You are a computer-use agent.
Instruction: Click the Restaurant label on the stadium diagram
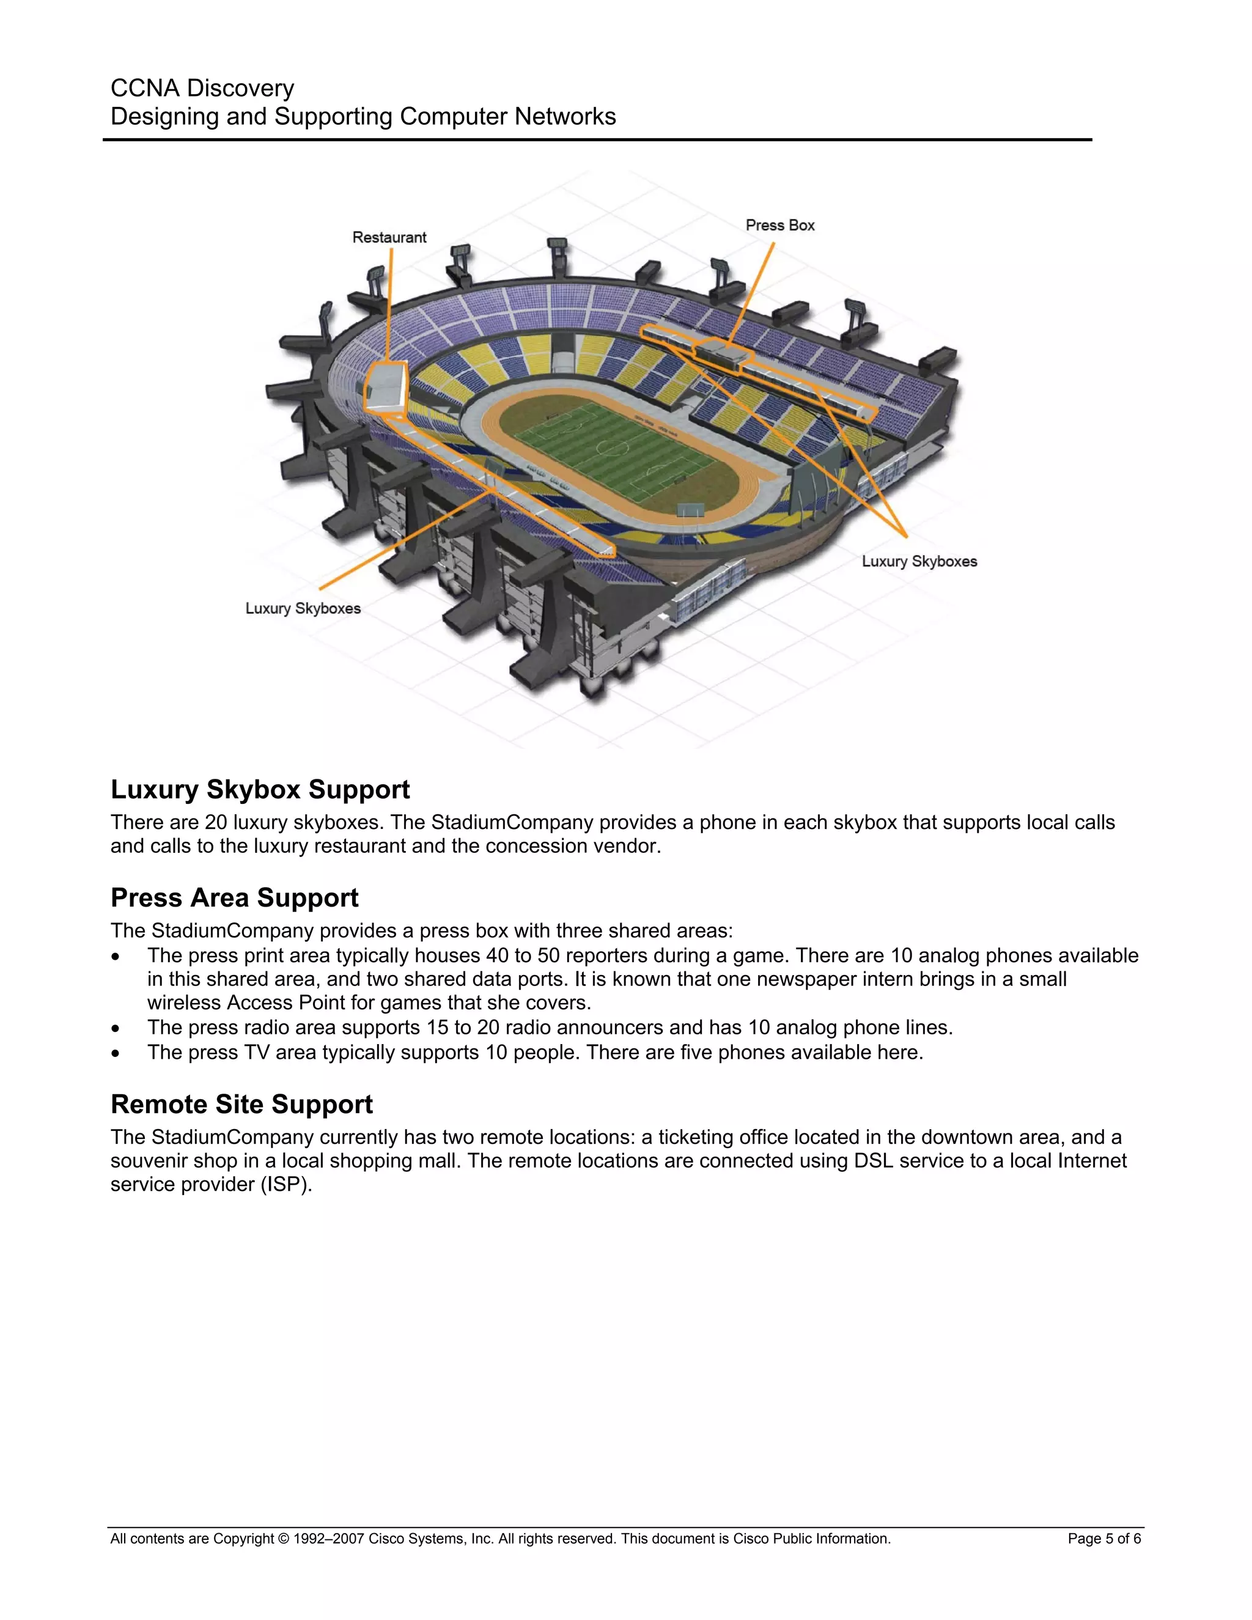[389, 237]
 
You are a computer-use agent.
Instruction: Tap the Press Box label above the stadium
[779, 226]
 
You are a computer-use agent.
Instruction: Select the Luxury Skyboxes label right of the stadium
[919, 562]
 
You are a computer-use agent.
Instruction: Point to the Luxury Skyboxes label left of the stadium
[303, 608]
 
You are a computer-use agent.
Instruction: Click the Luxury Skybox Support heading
[260, 789]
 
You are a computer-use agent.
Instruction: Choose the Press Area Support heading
[234, 897]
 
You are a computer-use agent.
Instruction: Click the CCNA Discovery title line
[202, 88]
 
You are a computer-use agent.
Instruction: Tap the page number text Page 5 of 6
[1103, 1539]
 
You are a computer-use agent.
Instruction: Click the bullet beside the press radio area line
[115, 1029]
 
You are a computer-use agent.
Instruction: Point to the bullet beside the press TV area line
[115, 1053]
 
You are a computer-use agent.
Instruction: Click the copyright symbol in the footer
[283, 1539]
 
